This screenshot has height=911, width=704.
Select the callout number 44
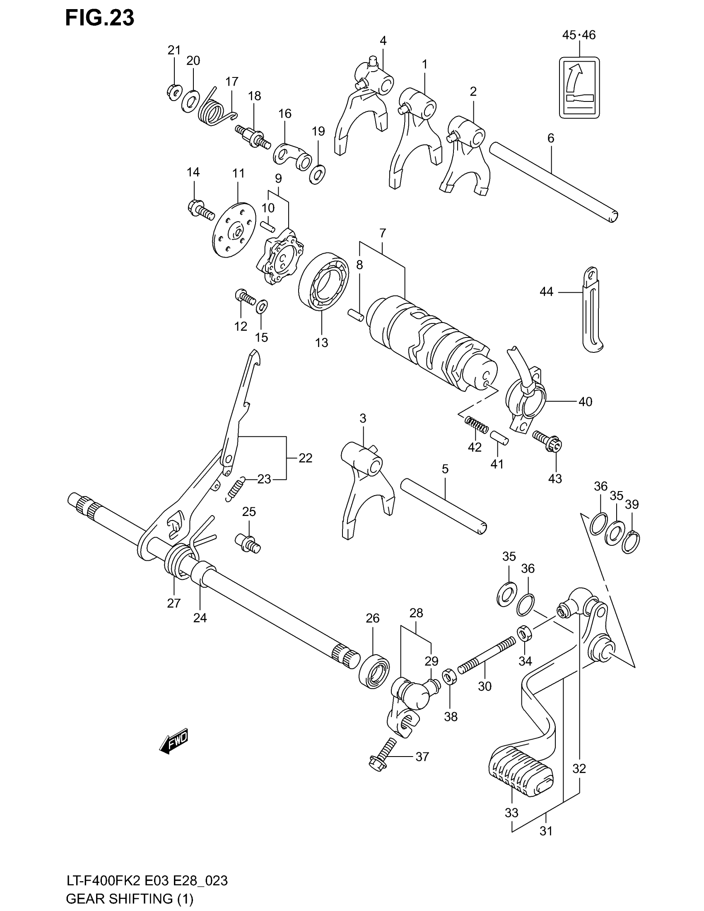(x=546, y=292)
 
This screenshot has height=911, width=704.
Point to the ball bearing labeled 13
(x=324, y=282)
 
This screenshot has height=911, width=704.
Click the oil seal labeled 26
(x=374, y=672)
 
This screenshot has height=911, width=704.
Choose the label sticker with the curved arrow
(x=579, y=88)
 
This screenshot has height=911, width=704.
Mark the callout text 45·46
(x=579, y=35)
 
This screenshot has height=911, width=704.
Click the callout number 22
(x=305, y=458)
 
